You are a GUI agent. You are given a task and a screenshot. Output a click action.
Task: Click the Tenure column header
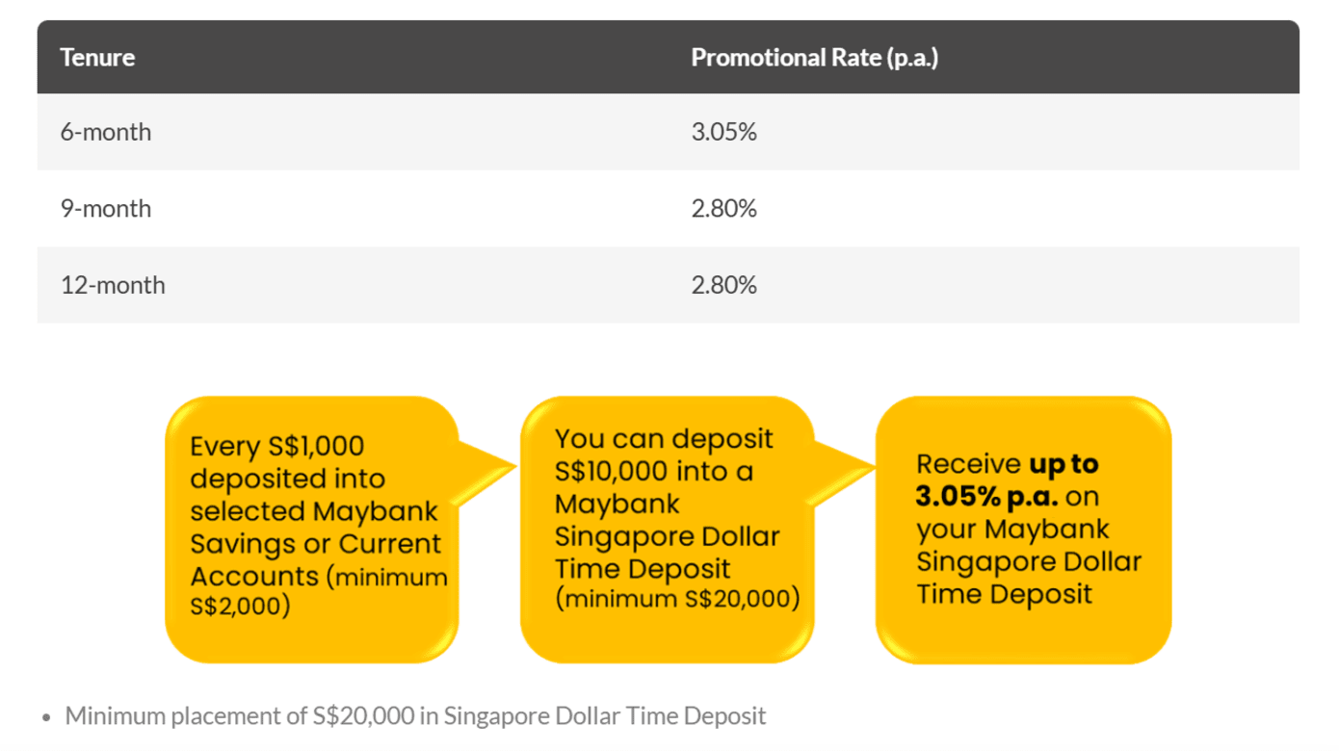pos(97,58)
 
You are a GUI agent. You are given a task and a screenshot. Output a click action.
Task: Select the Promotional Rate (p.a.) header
pos(815,59)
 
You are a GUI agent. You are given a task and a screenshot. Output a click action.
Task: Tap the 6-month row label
pos(106,132)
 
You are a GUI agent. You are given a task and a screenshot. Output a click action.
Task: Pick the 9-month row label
pos(106,209)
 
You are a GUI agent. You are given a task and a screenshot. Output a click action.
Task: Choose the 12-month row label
pos(113,285)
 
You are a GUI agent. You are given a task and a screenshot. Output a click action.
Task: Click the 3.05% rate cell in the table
pos(723,132)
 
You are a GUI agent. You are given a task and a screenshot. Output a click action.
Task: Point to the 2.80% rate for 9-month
pos(723,209)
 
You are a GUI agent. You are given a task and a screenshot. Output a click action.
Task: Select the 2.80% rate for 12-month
pos(723,285)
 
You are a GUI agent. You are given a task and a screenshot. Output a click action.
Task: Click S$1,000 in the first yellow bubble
pos(316,447)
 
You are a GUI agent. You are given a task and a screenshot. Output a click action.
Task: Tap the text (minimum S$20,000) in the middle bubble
pos(677,599)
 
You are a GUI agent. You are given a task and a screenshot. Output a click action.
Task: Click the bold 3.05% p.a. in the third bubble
pos(987,497)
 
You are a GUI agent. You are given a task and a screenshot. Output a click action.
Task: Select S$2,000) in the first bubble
pos(240,606)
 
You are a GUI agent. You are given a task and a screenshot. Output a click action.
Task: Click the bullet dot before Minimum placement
pos(46,717)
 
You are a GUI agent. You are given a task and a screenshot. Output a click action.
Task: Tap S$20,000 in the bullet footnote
pos(363,715)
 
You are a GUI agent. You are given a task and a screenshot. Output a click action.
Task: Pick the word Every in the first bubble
pos(224,447)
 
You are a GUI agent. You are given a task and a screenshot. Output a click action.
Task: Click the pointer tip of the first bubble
pos(516,467)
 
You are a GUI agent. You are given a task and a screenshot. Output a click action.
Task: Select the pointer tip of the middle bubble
pos(874,467)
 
